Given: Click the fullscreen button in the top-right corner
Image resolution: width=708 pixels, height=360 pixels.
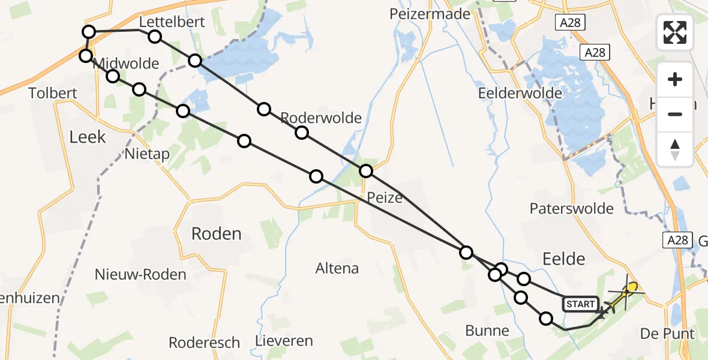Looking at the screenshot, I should pyautogui.click(x=675, y=32).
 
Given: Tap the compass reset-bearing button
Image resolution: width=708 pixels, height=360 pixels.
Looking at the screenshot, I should pyautogui.click(x=675, y=149).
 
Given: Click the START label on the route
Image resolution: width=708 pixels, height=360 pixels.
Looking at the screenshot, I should pyautogui.click(x=580, y=304).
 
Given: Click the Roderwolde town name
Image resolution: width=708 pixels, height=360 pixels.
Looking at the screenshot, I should pyautogui.click(x=321, y=118).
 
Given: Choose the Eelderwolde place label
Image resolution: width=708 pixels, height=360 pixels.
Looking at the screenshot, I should pyautogui.click(x=520, y=93).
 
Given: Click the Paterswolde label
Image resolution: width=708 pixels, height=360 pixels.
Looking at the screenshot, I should pyautogui.click(x=572, y=209).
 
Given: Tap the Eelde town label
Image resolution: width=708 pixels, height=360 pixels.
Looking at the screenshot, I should pyautogui.click(x=563, y=259).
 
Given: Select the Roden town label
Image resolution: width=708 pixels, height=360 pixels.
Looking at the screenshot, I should pyautogui.click(x=216, y=233).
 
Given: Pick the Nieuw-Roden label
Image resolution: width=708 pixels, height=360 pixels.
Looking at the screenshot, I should pyautogui.click(x=140, y=275).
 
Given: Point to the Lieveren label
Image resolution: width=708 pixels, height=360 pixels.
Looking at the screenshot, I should pyautogui.click(x=284, y=341).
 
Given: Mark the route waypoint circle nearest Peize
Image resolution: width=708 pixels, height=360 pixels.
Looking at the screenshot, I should pyautogui.click(x=366, y=171).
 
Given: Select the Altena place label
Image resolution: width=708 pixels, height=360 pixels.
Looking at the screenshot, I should pyautogui.click(x=337, y=268).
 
